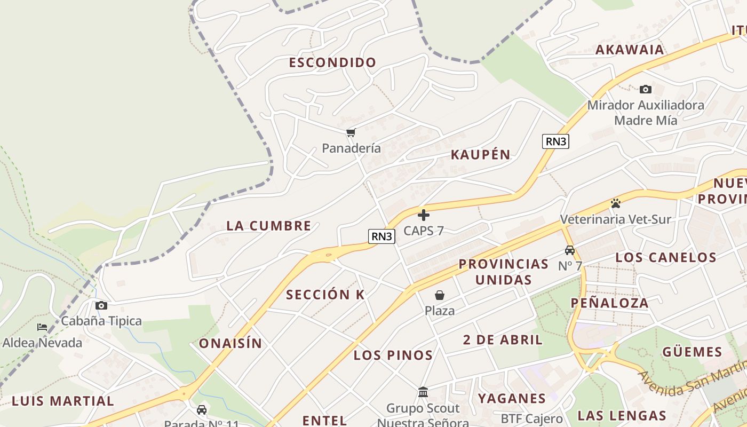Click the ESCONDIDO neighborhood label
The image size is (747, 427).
(x=333, y=62)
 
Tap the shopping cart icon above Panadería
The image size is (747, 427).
(x=351, y=132)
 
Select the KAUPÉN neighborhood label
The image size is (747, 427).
(x=481, y=155)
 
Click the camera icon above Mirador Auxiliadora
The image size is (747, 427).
(x=646, y=89)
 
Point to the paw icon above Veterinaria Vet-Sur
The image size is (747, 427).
(x=616, y=203)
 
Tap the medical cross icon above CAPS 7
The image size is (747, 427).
(x=424, y=215)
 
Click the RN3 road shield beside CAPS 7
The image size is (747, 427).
(x=382, y=236)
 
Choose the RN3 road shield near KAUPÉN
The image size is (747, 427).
(x=556, y=141)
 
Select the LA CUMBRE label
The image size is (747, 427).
(x=269, y=226)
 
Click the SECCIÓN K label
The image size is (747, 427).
(x=325, y=295)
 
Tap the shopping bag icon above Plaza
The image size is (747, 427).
(x=440, y=295)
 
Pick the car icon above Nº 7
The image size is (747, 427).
(x=570, y=250)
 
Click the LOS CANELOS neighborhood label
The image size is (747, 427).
(x=666, y=257)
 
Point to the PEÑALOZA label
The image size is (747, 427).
(x=610, y=303)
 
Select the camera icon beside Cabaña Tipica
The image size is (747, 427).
(x=101, y=306)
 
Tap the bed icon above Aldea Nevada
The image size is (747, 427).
(x=42, y=327)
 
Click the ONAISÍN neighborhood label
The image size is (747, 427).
(x=231, y=344)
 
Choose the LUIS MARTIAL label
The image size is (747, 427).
(x=63, y=401)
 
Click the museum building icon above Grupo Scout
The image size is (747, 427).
(x=423, y=393)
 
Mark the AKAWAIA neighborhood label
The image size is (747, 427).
(x=630, y=50)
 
